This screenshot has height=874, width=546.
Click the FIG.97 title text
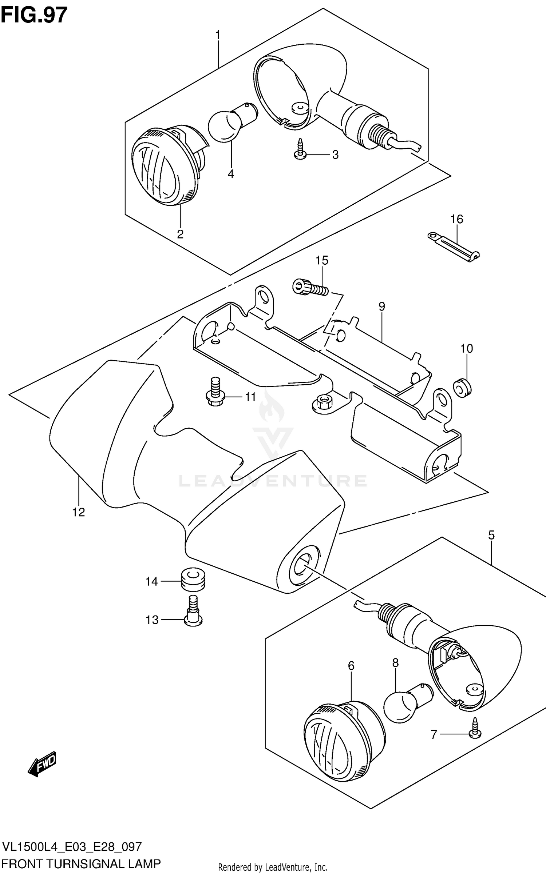click(x=34, y=15)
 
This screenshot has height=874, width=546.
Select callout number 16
click(x=456, y=219)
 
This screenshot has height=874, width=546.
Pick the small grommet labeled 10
click(x=462, y=388)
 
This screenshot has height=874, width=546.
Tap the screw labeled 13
click(x=193, y=616)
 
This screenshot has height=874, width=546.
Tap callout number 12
click(x=78, y=512)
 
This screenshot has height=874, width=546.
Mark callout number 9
click(x=381, y=306)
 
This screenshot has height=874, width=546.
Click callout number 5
click(x=491, y=535)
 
